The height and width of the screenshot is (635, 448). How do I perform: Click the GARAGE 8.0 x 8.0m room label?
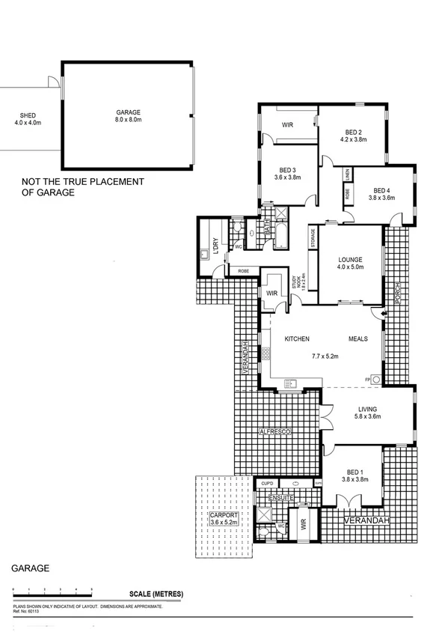click(x=129, y=115)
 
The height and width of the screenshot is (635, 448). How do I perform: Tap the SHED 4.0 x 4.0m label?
click(x=28, y=119)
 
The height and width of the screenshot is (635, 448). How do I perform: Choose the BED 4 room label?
click(x=381, y=193)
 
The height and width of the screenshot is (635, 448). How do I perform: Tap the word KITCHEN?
click(x=297, y=339)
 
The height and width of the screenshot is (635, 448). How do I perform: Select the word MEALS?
click(x=358, y=339)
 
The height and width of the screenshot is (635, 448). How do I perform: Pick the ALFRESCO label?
click(x=274, y=433)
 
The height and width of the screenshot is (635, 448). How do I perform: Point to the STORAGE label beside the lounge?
click(x=313, y=240)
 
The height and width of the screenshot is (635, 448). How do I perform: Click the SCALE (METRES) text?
click(x=156, y=594)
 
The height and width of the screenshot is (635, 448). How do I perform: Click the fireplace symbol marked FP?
click(x=375, y=380)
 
